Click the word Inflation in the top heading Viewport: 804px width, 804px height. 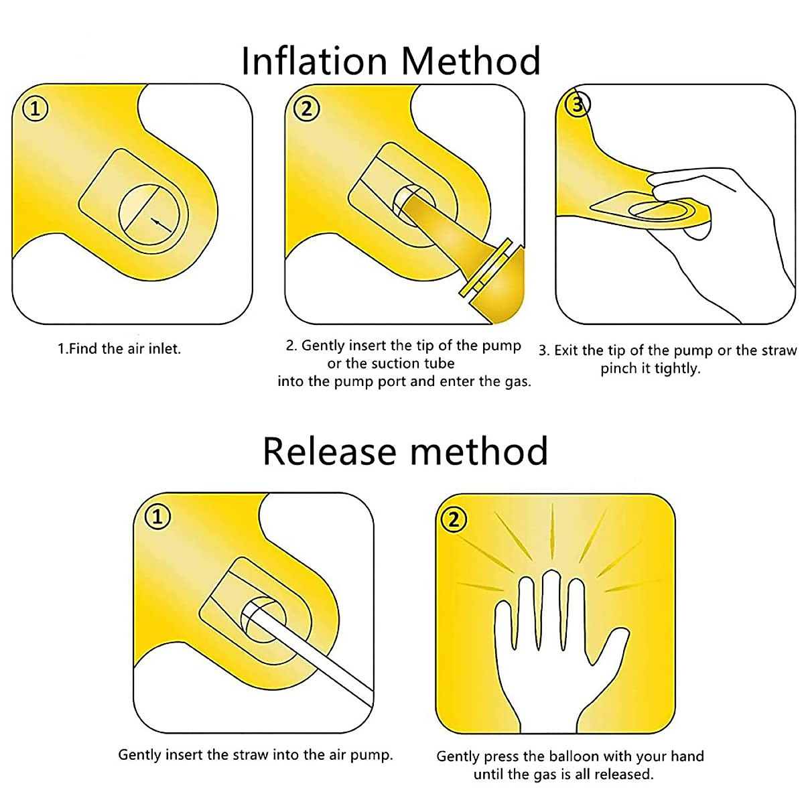coord(315,61)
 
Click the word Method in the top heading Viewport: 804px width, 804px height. coord(470,61)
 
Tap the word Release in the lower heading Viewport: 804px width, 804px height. coord(330,452)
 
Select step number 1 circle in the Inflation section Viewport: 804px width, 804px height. coord(35,109)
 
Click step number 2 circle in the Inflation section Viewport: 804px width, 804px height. coord(307,109)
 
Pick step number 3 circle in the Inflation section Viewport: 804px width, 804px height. coord(578,105)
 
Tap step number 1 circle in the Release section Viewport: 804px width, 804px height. coord(157,517)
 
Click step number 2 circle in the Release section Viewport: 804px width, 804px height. coord(454,519)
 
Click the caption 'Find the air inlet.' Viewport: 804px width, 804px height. coord(119,349)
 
